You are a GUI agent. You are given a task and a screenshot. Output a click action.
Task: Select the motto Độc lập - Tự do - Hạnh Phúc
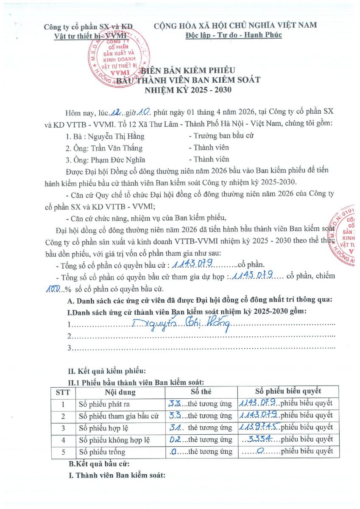234,35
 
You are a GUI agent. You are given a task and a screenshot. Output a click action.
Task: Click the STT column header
63,392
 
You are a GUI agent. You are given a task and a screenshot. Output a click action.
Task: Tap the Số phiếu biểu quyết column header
288,391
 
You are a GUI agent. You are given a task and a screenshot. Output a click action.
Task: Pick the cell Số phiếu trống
102,451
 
